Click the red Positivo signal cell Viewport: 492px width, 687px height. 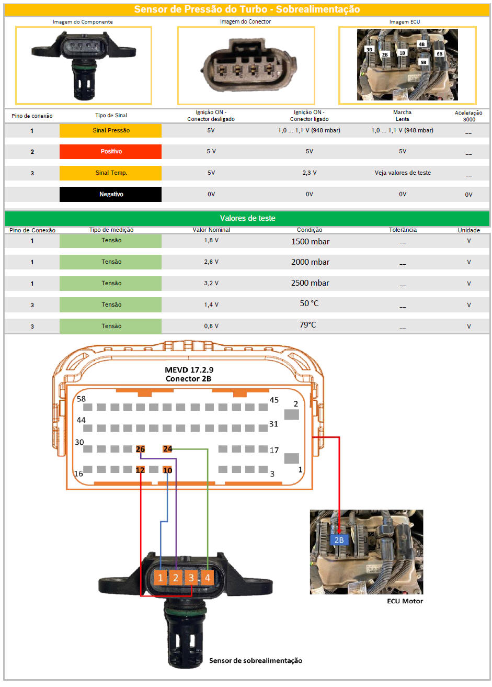click(110, 152)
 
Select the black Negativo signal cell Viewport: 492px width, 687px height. click(110, 194)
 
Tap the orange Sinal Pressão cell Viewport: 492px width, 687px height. click(110, 130)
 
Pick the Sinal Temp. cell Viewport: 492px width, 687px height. click(110, 173)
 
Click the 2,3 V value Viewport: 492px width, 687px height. click(310, 173)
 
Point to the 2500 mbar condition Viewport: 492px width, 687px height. click(310, 283)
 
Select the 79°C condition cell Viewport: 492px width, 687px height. click(307, 324)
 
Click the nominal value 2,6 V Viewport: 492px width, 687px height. click(211, 262)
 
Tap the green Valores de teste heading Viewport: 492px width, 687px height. click(247, 218)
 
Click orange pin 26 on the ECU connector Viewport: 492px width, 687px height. click(140, 449)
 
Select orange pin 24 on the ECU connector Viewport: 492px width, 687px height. click(167, 449)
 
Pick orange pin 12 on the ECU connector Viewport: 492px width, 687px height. click(140, 470)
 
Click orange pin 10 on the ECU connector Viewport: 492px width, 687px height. click(167, 470)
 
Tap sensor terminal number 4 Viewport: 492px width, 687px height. click(208, 578)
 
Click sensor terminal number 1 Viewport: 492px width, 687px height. click(160, 578)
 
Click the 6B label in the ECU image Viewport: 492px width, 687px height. click(440, 54)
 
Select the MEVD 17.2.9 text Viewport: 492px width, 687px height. click(189, 370)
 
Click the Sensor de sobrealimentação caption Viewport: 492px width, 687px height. click(256, 660)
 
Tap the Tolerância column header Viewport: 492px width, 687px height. click(403, 230)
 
